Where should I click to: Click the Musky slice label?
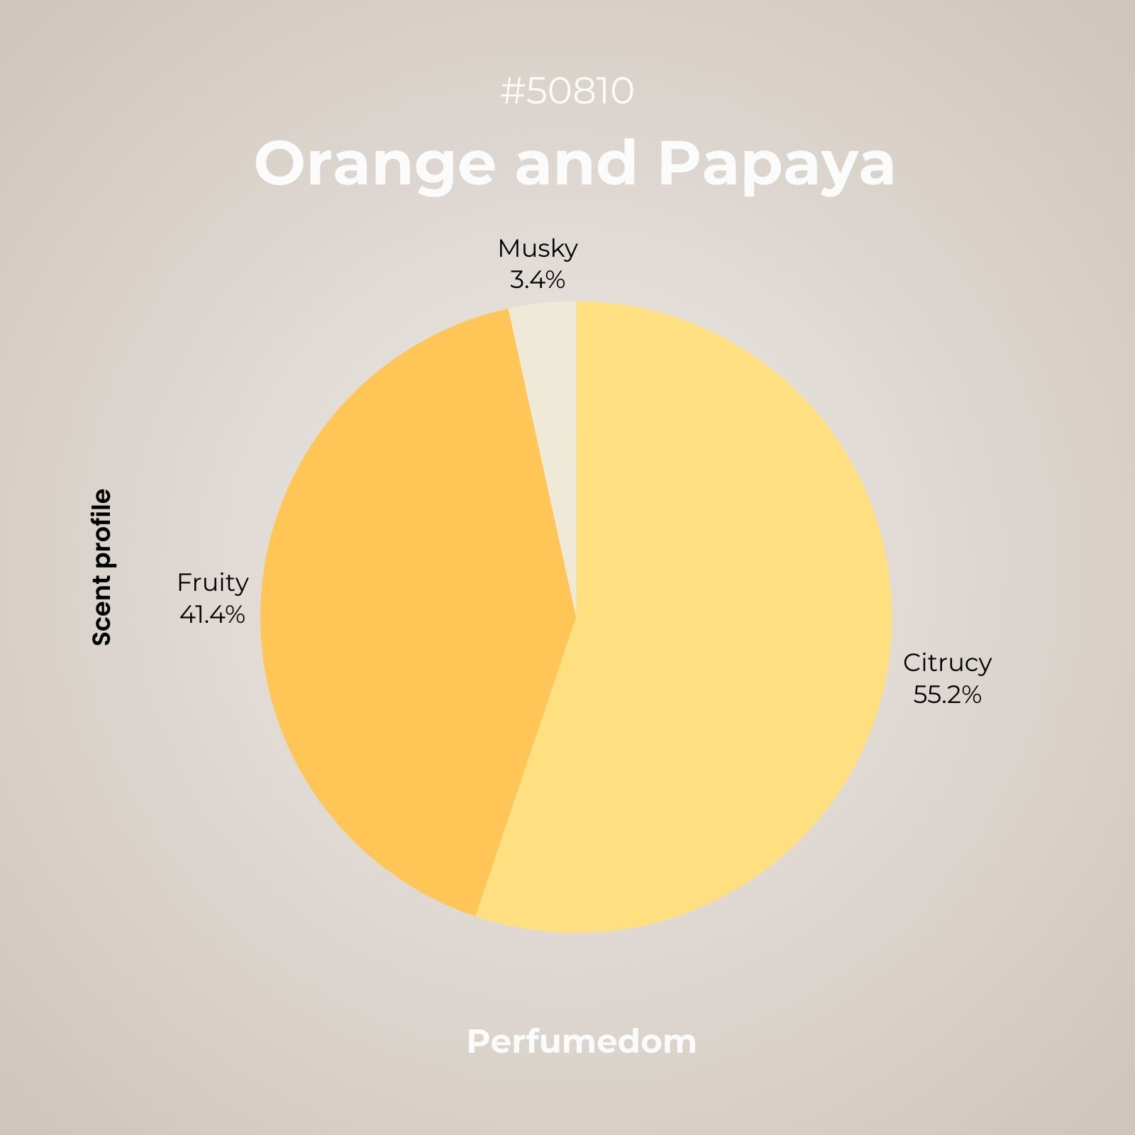tap(538, 248)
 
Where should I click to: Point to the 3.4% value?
tap(538, 280)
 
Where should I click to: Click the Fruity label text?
tap(213, 582)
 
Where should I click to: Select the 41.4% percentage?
tap(212, 614)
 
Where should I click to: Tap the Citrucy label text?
tap(947, 663)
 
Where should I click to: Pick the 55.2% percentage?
tap(947, 694)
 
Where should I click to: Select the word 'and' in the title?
tap(575, 163)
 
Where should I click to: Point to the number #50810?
tap(567, 92)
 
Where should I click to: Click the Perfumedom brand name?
tap(582, 1042)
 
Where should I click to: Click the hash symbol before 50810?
tap(512, 92)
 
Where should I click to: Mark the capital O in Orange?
tap(284, 163)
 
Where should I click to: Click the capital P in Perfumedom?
tap(478, 1042)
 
